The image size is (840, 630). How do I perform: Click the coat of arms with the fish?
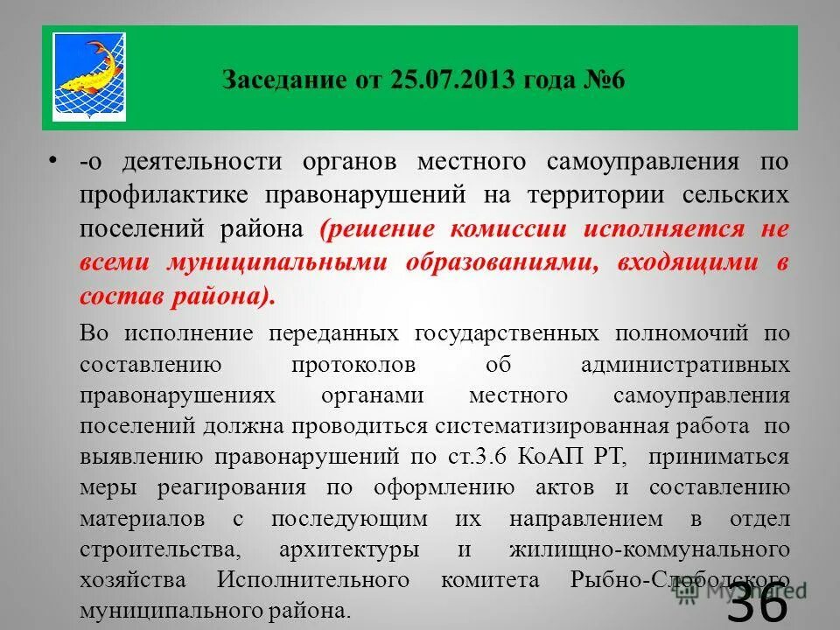(x=89, y=78)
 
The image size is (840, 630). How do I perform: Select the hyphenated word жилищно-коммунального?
(x=649, y=549)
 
